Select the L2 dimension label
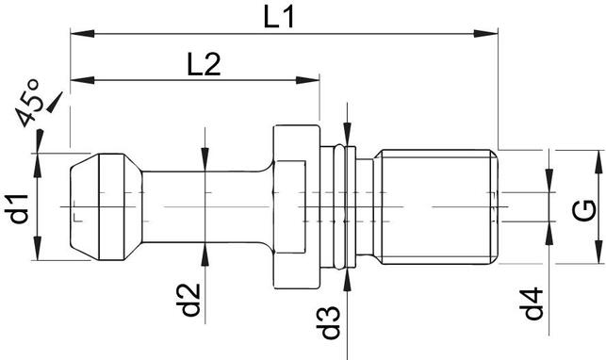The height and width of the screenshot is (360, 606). point(204,64)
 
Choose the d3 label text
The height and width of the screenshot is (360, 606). point(329,318)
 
